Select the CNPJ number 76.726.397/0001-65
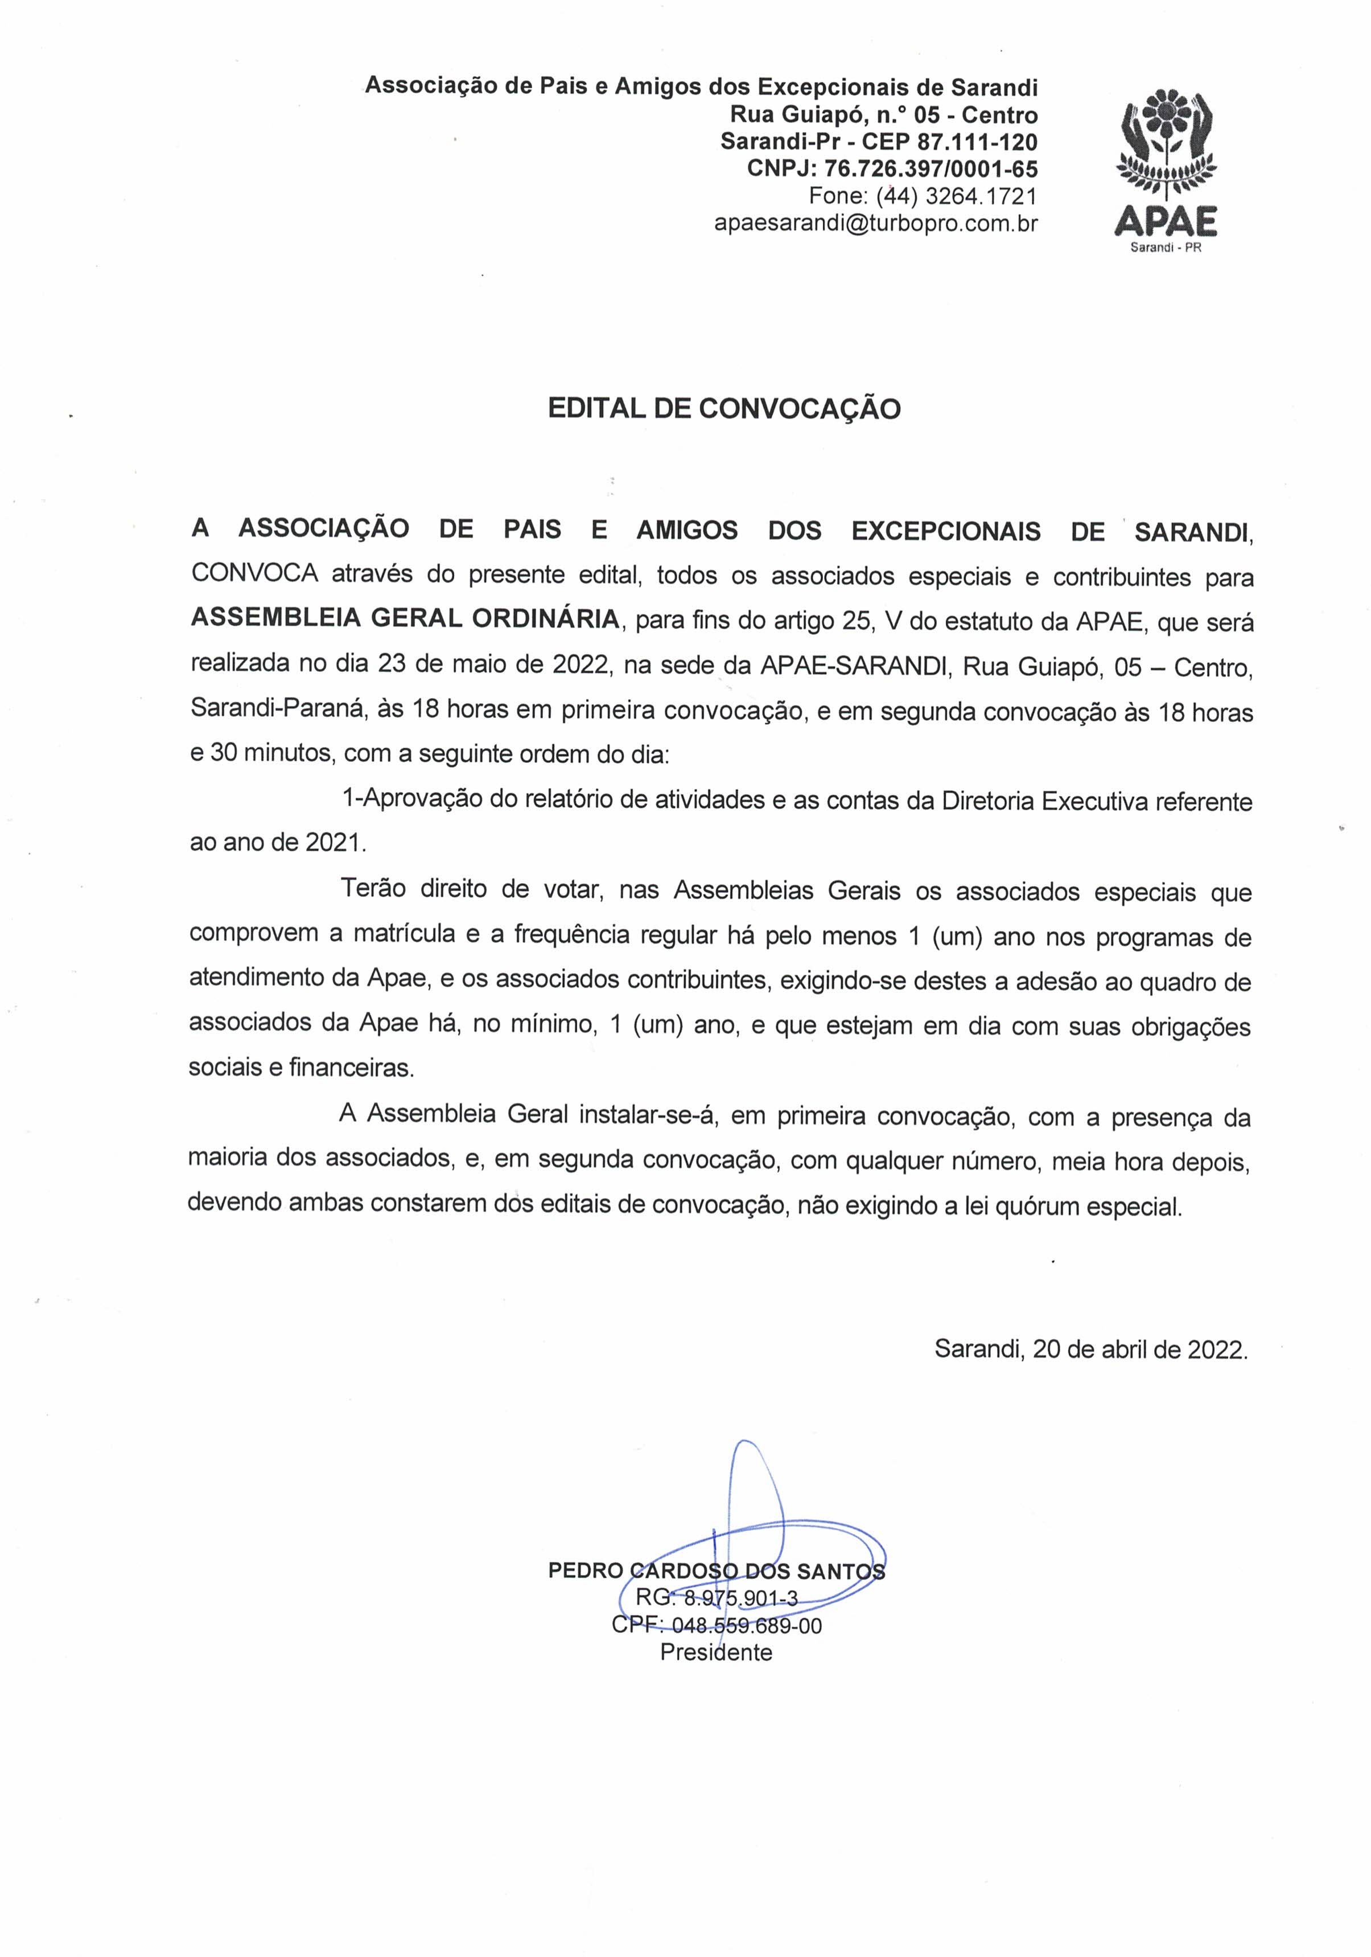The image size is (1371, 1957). point(931,169)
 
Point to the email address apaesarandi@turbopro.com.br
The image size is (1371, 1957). point(875,223)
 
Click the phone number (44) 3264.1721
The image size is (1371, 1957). point(956,196)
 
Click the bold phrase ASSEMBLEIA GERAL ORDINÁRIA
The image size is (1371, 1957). point(405,618)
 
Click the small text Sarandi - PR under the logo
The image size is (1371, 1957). point(1165,248)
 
